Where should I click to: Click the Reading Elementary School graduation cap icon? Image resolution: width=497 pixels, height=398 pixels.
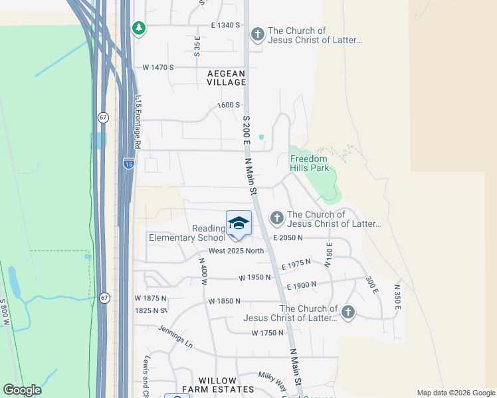pyautogui.click(x=239, y=224)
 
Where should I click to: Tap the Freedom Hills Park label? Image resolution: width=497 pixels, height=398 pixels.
pyautogui.click(x=310, y=163)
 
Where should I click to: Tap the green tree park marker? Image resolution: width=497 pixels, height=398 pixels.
pyautogui.click(x=138, y=29)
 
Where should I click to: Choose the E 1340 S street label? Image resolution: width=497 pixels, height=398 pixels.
pyautogui.click(x=225, y=25)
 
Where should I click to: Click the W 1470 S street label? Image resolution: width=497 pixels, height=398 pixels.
pyautogui.click(x=157, y=68)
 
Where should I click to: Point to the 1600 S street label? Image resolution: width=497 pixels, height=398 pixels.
pyautogui.click(x=229, y=105)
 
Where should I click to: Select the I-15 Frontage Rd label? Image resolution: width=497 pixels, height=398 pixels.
pyautogui.click(x=138, y=120)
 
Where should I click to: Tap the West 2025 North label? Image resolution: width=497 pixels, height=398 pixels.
pyautogui.click(x=237, y=251)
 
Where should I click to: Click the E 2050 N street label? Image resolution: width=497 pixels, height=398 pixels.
pyautogui.click(x=287, y=237)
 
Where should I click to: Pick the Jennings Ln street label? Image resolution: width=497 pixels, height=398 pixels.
pyautogui.click(x=175, y=337)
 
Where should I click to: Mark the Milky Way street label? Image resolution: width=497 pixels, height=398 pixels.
pyautogui.click(x=272, y=381)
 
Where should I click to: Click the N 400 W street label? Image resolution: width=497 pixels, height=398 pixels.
pyautogui.click(x=204, y=271)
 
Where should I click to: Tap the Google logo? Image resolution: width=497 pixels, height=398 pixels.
pyautogui.click(x=22, y=390)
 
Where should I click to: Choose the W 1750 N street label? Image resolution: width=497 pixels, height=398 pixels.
pyautogui.click(x=268, y=332)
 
